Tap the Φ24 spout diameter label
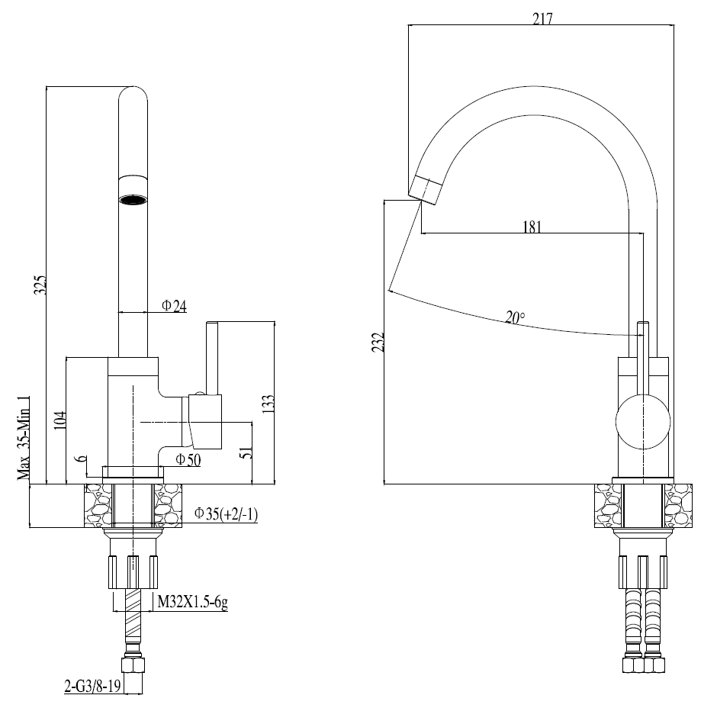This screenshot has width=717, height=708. tap(174, 306)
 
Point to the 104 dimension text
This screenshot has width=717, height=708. tap(61, 419)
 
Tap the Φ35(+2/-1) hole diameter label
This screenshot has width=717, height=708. tap(226, 514)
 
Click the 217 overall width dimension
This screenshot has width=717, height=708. tap(542, 18)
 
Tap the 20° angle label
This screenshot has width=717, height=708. tap(515, 317)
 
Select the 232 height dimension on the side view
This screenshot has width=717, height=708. tap(378, 342)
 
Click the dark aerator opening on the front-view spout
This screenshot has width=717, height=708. tap(133, 201)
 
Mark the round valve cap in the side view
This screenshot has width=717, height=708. tap(643, 423)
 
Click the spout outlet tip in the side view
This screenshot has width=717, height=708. tap(424, 188)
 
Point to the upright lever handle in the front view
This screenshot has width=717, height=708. tap(212, 359)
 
